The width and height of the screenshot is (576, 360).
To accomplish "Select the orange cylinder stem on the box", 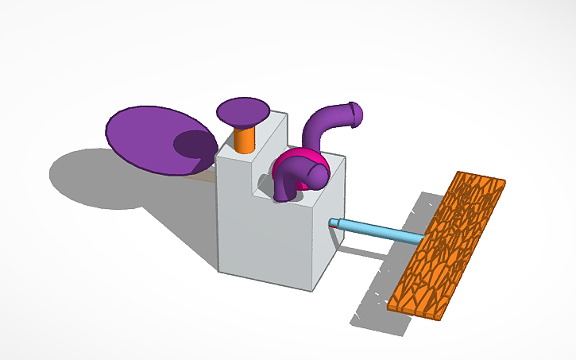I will pos(245,138).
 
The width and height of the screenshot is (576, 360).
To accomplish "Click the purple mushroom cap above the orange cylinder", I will pos(244,110).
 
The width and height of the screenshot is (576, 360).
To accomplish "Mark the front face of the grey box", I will pos(266,230).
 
